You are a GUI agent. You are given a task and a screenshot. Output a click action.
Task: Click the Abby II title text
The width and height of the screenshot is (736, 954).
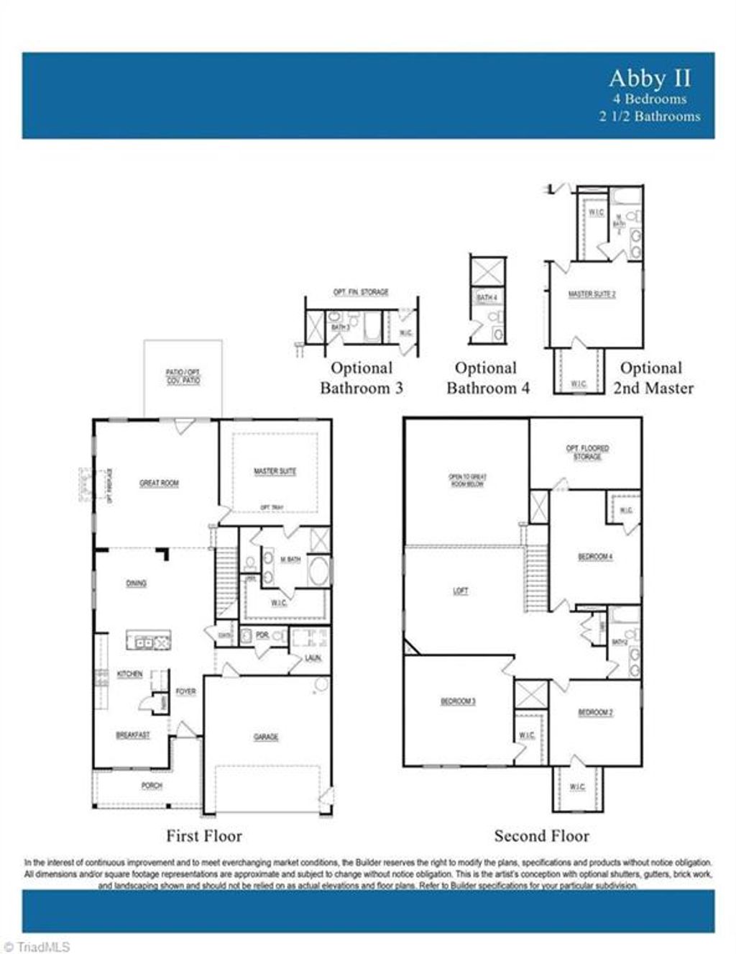click(x=649, y=78)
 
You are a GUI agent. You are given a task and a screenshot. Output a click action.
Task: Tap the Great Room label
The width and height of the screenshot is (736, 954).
click(x=159, y=483)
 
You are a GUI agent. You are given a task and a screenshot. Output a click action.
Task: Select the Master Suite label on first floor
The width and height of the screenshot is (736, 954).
click(x=275, y=471)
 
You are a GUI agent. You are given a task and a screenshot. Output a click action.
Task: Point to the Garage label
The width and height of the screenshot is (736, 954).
click(x=266, y=737)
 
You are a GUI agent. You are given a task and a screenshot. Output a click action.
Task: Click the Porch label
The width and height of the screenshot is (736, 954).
click(x=152, y=786)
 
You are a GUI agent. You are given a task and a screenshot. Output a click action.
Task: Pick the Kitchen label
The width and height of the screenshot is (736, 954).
click(x=129, y=674)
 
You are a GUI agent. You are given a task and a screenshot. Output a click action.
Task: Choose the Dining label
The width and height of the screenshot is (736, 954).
click(x=137, y=583)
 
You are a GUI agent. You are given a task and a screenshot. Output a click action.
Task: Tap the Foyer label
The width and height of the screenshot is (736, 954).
click(x=185, y=691)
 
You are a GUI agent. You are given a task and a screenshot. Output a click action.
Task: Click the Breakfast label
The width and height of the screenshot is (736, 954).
click(x=133, y=735)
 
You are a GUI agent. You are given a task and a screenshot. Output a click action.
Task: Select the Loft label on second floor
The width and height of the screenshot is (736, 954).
click(x=461, y=591)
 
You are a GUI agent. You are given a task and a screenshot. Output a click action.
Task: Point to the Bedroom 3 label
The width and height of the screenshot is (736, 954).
click(x=458, y=701)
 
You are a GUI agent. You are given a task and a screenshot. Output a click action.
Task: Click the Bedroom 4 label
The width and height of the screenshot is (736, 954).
click(x=595, y=557)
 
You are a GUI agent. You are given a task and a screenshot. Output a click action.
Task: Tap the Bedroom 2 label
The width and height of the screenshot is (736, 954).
click(x=595, y=712)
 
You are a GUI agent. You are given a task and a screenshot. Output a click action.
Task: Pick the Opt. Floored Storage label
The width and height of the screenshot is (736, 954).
click(x=587, y=453)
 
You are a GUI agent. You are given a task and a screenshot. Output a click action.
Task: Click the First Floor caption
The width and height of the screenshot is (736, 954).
click(x=204, y=836)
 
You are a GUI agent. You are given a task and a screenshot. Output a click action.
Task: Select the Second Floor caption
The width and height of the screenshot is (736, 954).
click(x=541, y=836)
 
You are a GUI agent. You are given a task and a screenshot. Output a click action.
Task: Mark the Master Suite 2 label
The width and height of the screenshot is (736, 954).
click(x=592, y=294)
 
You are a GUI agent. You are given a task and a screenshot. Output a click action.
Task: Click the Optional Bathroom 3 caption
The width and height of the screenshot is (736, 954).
click(x=362, y=378)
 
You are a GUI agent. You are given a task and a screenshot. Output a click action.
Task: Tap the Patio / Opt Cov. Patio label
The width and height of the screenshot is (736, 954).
click(x=183, y=376)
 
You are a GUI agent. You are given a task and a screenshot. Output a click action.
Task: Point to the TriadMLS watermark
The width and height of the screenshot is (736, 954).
click(x=36, y=947)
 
